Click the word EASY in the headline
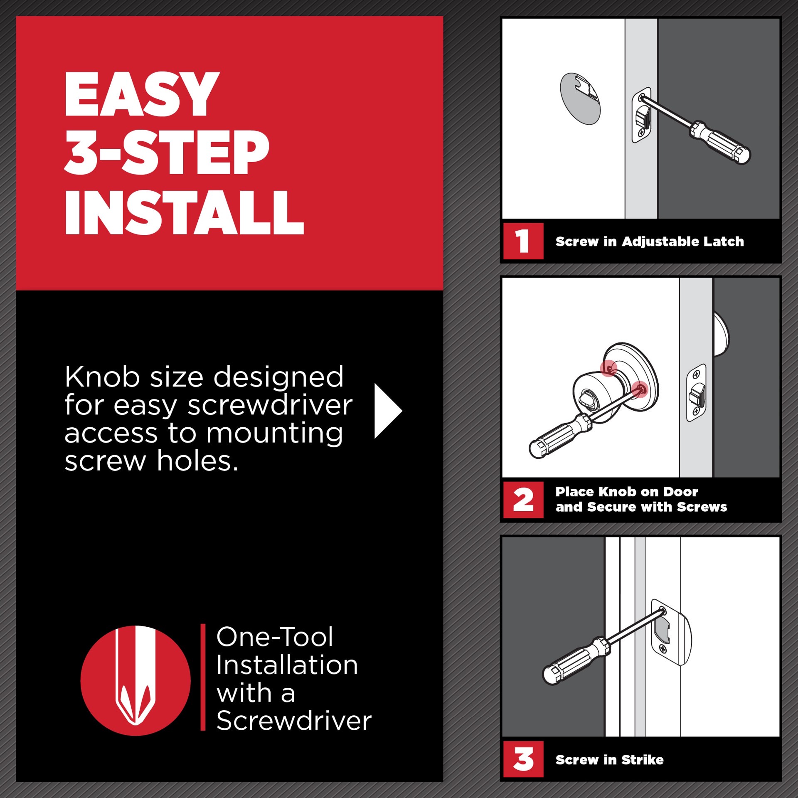[x=141, y=94]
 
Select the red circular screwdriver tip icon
[x=135, y=680]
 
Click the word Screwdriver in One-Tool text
[x=294, y=721]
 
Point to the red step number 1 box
[x=523, y=241]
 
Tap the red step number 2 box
[x=523, y=500]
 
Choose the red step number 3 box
[x=523, y=759]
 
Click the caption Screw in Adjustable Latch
[x=649, y=241]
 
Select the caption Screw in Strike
[x=609, y=760]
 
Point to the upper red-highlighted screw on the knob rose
[x=609, y=368]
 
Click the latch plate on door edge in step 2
[x=697, y=393]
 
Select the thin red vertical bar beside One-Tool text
[x=203, y=677]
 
